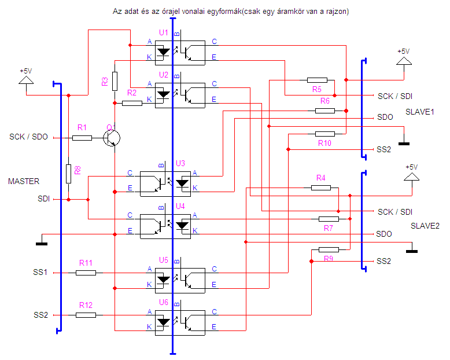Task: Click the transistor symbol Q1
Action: click(x=112, y=138)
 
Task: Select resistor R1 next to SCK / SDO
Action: click(x=82, y=138)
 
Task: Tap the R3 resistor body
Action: click(x=115, y=81)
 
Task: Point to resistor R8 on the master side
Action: click(x=69, y=174)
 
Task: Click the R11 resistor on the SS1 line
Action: click(x=86, y=273)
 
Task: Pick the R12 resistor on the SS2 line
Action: click(x=86, y=315)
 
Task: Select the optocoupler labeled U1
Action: click(x=180, y=53)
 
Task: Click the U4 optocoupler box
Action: click(x=165, y=226)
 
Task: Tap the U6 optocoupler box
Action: click(x=180, y=323)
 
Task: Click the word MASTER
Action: click(x=24, y=181)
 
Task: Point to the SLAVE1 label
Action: click(x=419, y=112)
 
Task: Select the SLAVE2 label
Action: click(x=425, y=226)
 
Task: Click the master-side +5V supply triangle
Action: click(x=26, y=80)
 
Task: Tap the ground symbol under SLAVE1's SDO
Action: click(x=404, y=144)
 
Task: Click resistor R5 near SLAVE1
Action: click(x=317, y=80)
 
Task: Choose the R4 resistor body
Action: click(x=321, y=188)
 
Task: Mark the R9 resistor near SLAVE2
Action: click(x=329, y=249)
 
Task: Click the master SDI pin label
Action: click(x=43, y=199)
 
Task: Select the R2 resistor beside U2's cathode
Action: click(x=132, y=103)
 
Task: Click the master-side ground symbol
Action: click(x=42, y=244)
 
